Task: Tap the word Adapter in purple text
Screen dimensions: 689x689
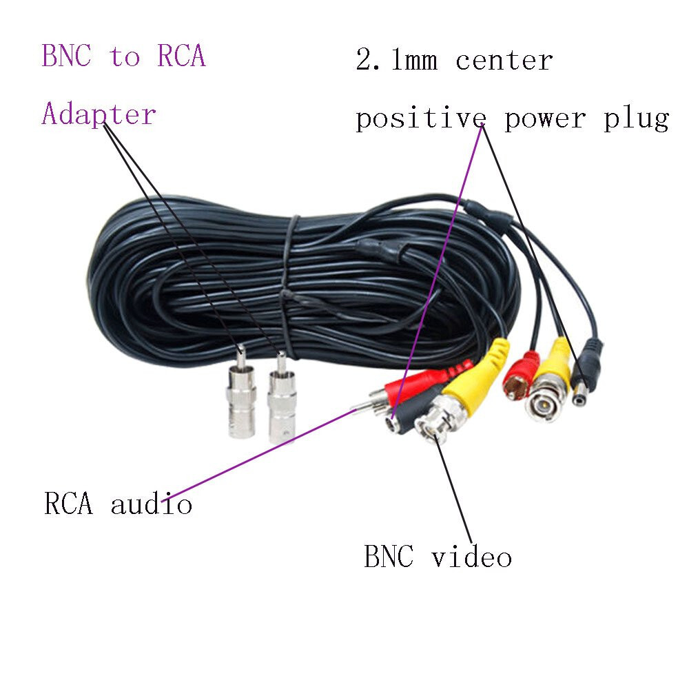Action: [99, 114]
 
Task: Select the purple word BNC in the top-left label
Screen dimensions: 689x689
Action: [66, 56]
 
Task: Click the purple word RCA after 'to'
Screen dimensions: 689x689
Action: [181, 56]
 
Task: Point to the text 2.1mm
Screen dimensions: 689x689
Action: [396, 61]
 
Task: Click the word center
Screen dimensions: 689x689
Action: [504, 61]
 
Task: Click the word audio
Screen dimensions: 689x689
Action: [152, 504]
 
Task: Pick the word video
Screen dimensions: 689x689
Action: [472, 557]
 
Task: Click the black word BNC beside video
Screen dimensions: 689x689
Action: [389, 557]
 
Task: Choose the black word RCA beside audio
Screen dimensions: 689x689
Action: [68, 504]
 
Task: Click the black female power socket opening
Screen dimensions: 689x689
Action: [391, 425]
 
